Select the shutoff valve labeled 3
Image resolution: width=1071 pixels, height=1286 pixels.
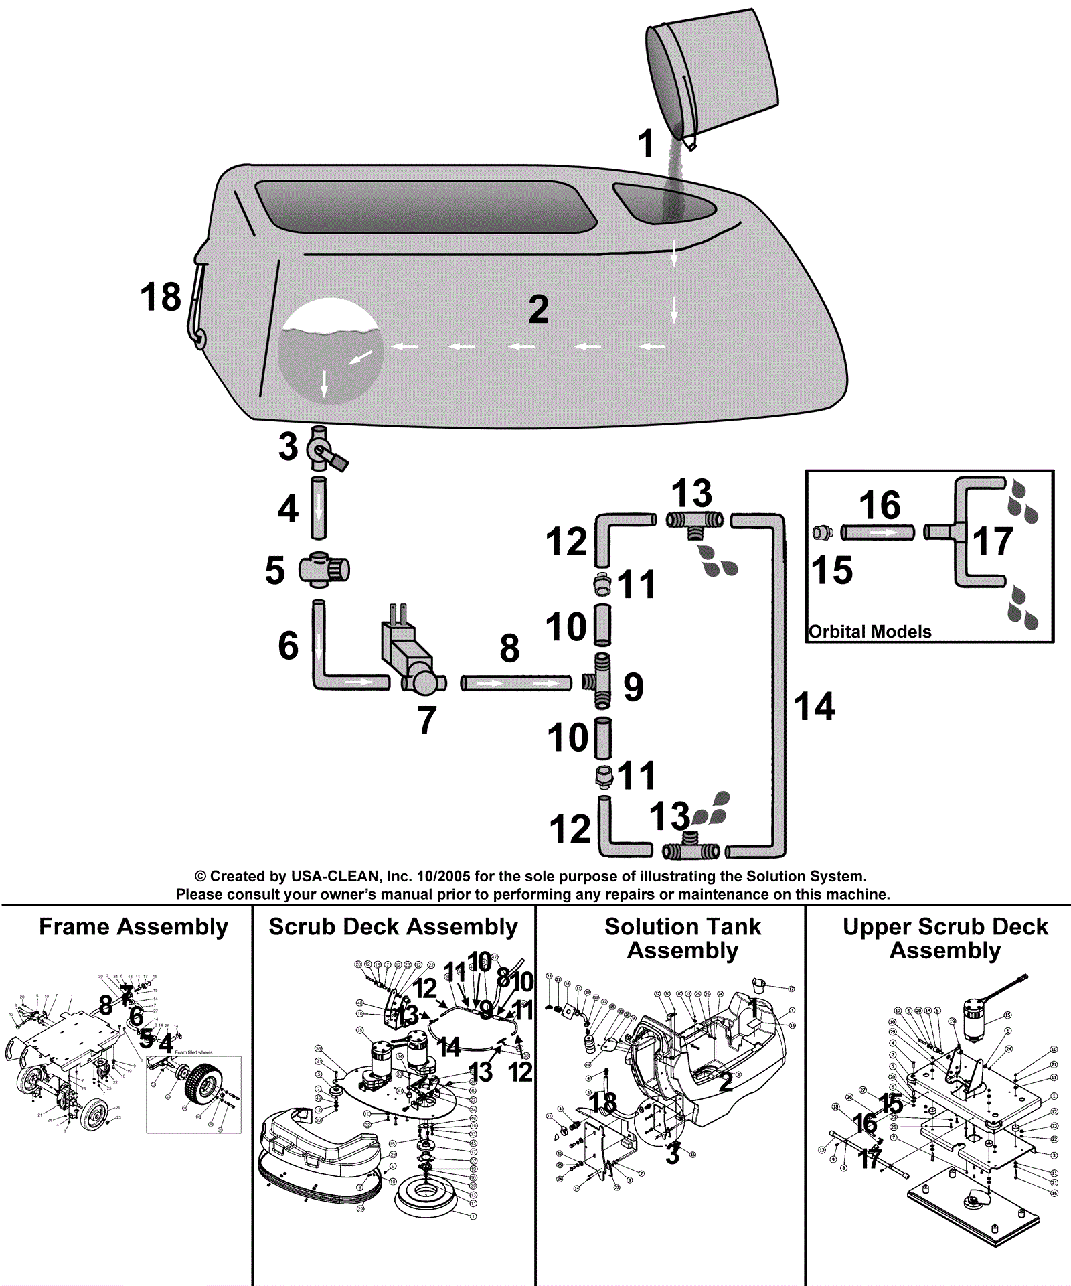point(321,450)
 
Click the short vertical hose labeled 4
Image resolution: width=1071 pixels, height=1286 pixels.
point(319,508)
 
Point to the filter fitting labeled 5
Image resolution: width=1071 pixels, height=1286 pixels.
point(324,569)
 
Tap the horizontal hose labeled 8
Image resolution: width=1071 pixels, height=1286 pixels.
point(516,683)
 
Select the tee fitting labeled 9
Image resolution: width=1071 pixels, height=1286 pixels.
point(602,681)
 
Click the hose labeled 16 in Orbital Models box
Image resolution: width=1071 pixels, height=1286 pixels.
point(877,532)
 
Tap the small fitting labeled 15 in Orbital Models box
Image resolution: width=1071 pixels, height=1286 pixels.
point(822,533)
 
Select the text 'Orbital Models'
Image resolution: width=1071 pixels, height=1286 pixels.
point(870,632)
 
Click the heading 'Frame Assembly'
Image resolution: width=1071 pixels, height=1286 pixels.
point(133,927)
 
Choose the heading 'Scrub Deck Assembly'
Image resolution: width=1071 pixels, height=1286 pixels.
point(393,927)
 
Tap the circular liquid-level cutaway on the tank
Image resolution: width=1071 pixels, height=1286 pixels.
point(330,352)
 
